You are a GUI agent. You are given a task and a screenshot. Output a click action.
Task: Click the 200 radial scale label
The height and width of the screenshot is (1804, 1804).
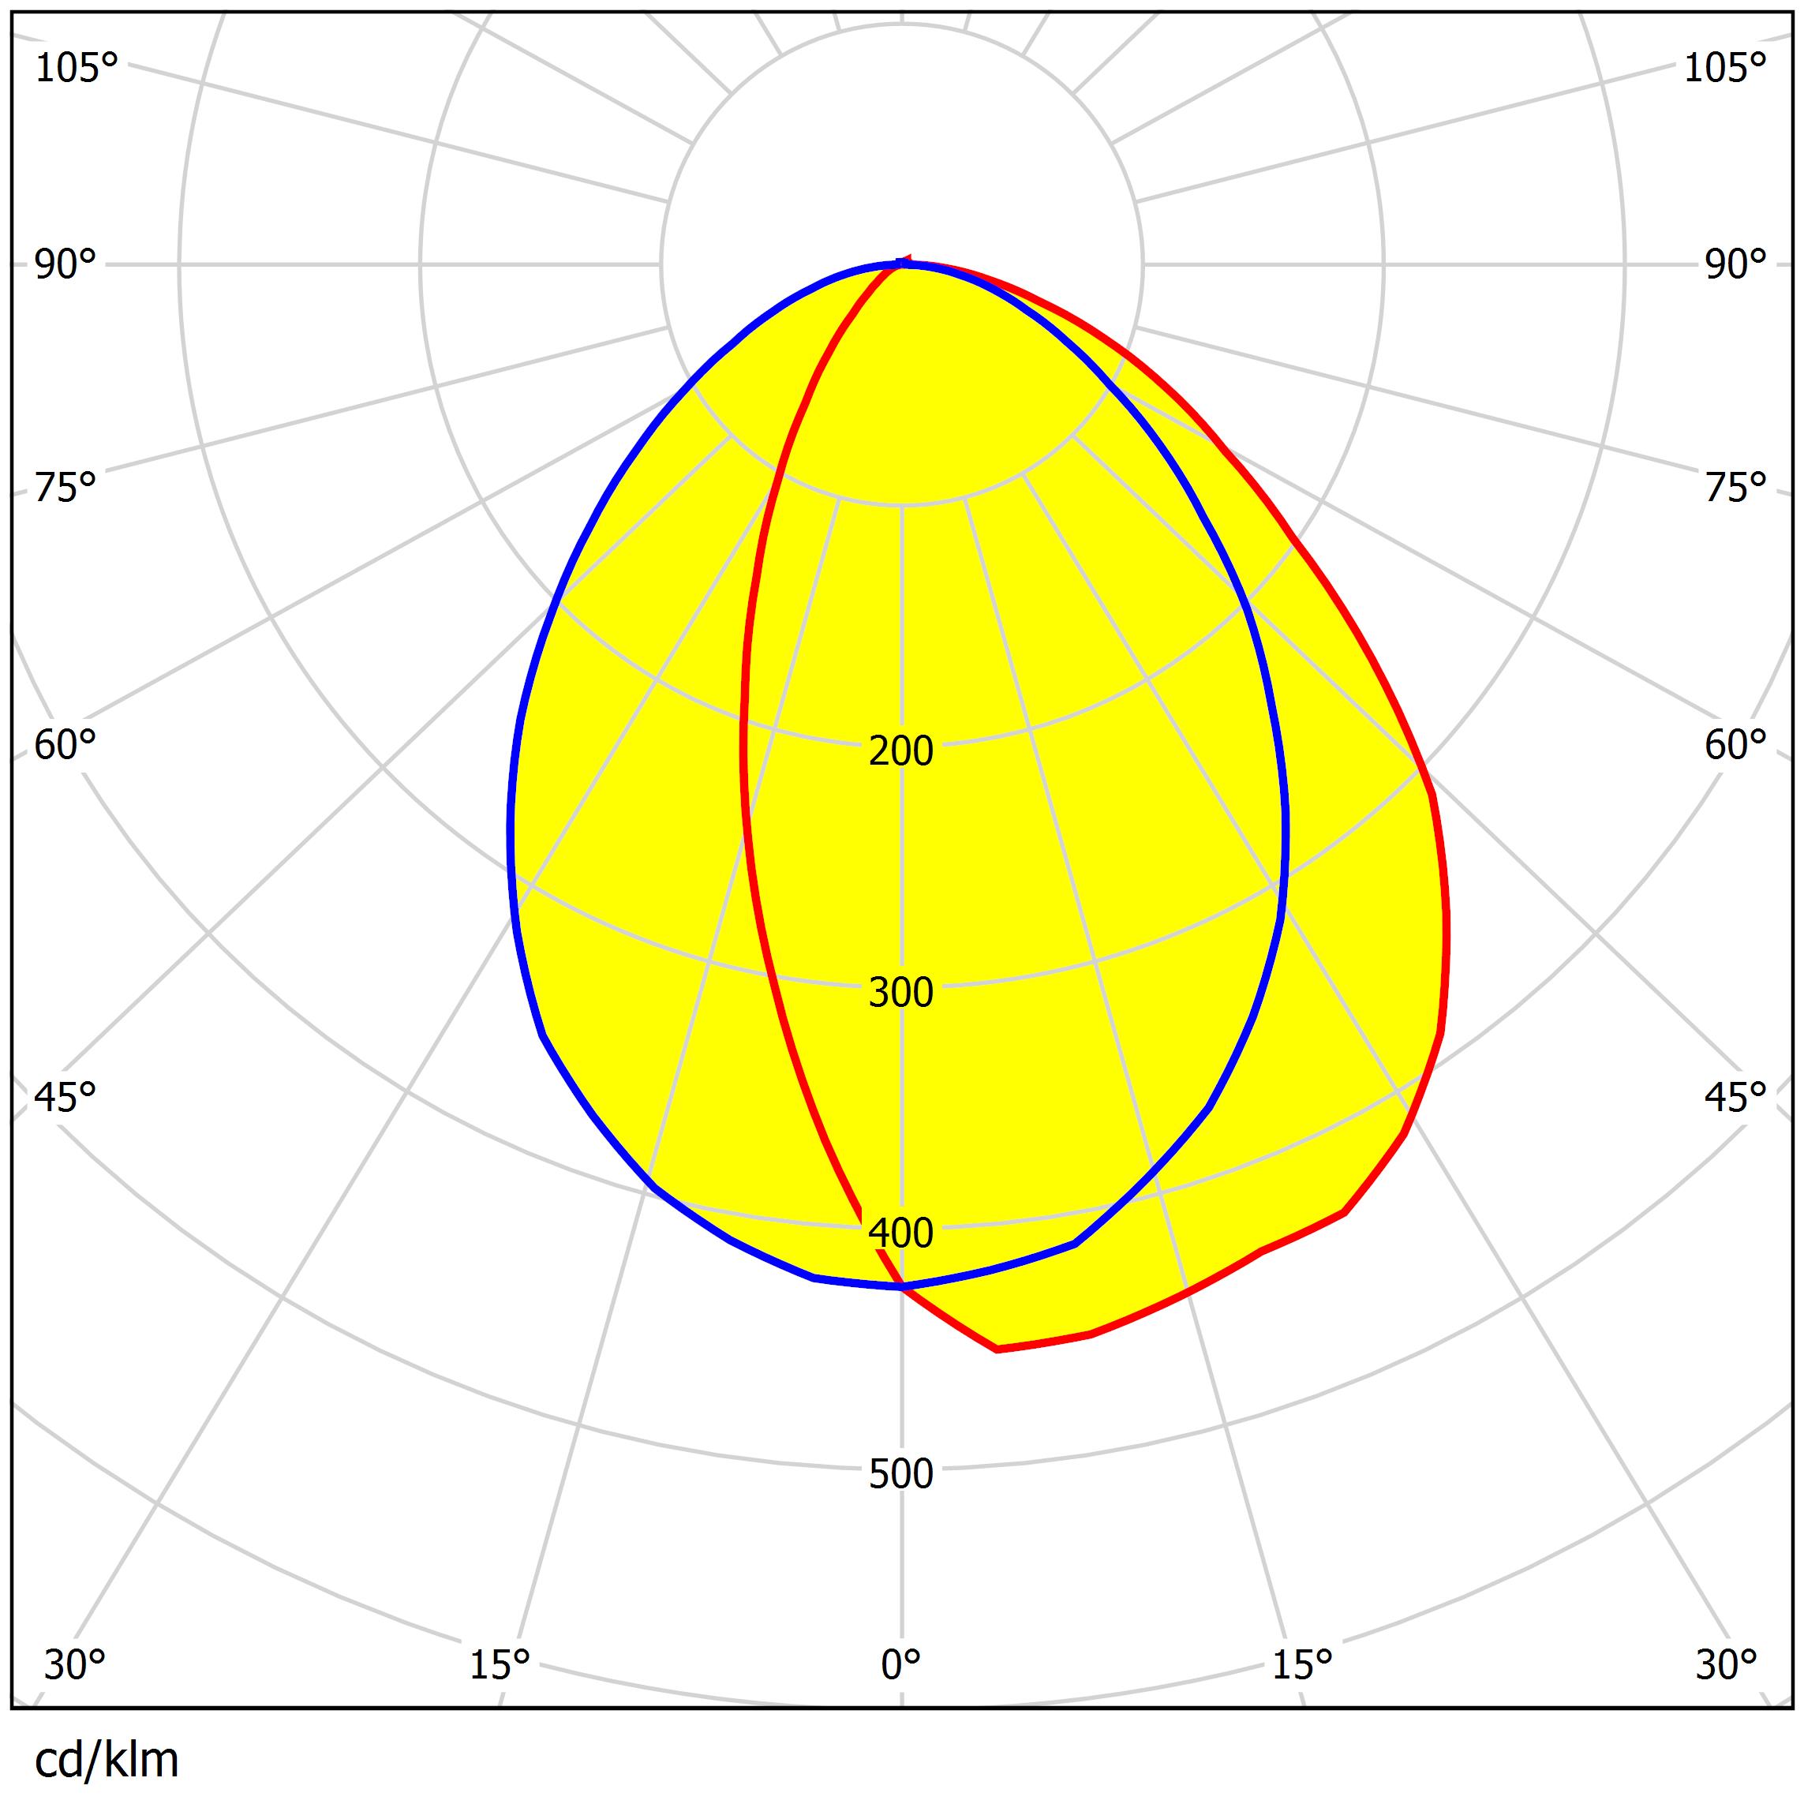tap(900, 750)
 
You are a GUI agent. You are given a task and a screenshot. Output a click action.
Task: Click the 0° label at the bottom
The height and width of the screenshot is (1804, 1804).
tap(900, 1664)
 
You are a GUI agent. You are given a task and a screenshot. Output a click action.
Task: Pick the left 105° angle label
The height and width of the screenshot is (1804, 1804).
tap(77, 68)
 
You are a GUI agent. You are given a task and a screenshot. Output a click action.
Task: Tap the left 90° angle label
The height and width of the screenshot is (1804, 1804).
tap(65, 265)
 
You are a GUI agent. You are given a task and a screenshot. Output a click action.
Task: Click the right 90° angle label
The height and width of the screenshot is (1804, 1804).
tap(1735, 265)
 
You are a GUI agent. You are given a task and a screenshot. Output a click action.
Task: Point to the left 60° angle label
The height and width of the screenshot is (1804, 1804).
tap(65, 745)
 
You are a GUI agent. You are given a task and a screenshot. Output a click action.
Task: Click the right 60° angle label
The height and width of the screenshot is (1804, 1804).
tap(1735, 745)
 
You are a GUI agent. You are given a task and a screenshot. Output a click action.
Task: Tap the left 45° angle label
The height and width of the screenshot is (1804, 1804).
tap(65, 1098)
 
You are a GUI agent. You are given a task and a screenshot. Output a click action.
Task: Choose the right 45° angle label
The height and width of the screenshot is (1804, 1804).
tap(1735, 1098)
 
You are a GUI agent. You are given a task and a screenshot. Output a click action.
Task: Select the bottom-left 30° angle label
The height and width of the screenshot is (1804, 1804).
tap(75, 1664)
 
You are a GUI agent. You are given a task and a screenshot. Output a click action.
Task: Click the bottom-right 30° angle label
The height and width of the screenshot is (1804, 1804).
tap(1727, 1664)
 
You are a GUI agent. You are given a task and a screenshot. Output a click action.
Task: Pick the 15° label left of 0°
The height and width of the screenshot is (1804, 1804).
tap(500, 1664)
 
